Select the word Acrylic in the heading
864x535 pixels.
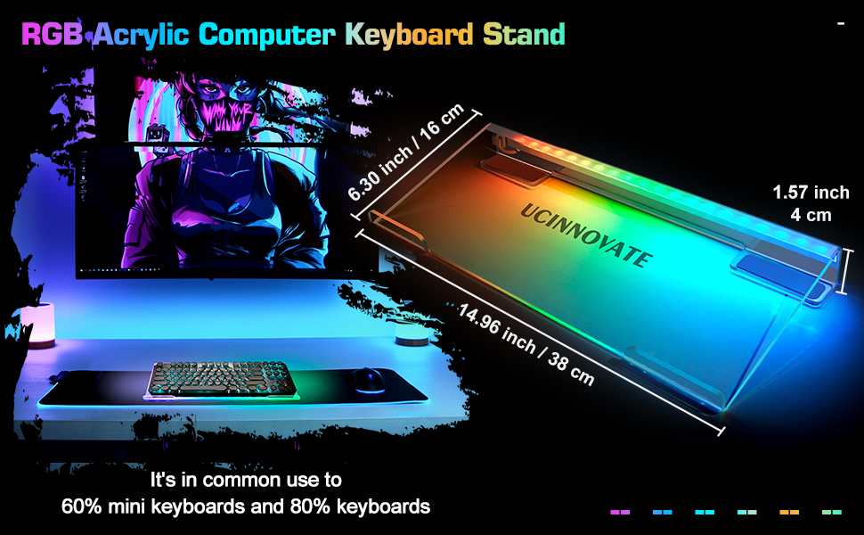click(x=140, y=34)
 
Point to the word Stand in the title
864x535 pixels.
click(x=524, y=34)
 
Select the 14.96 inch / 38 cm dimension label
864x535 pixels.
click(x=526, y=343)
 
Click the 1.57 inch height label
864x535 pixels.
click(x=811, y=193)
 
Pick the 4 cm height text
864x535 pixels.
click(x=811, y=215)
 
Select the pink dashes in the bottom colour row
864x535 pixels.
click(x=620, y=512)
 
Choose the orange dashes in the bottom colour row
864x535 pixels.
click(x=789, y=512)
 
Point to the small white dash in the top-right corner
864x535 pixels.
click(x=840, y=23)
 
